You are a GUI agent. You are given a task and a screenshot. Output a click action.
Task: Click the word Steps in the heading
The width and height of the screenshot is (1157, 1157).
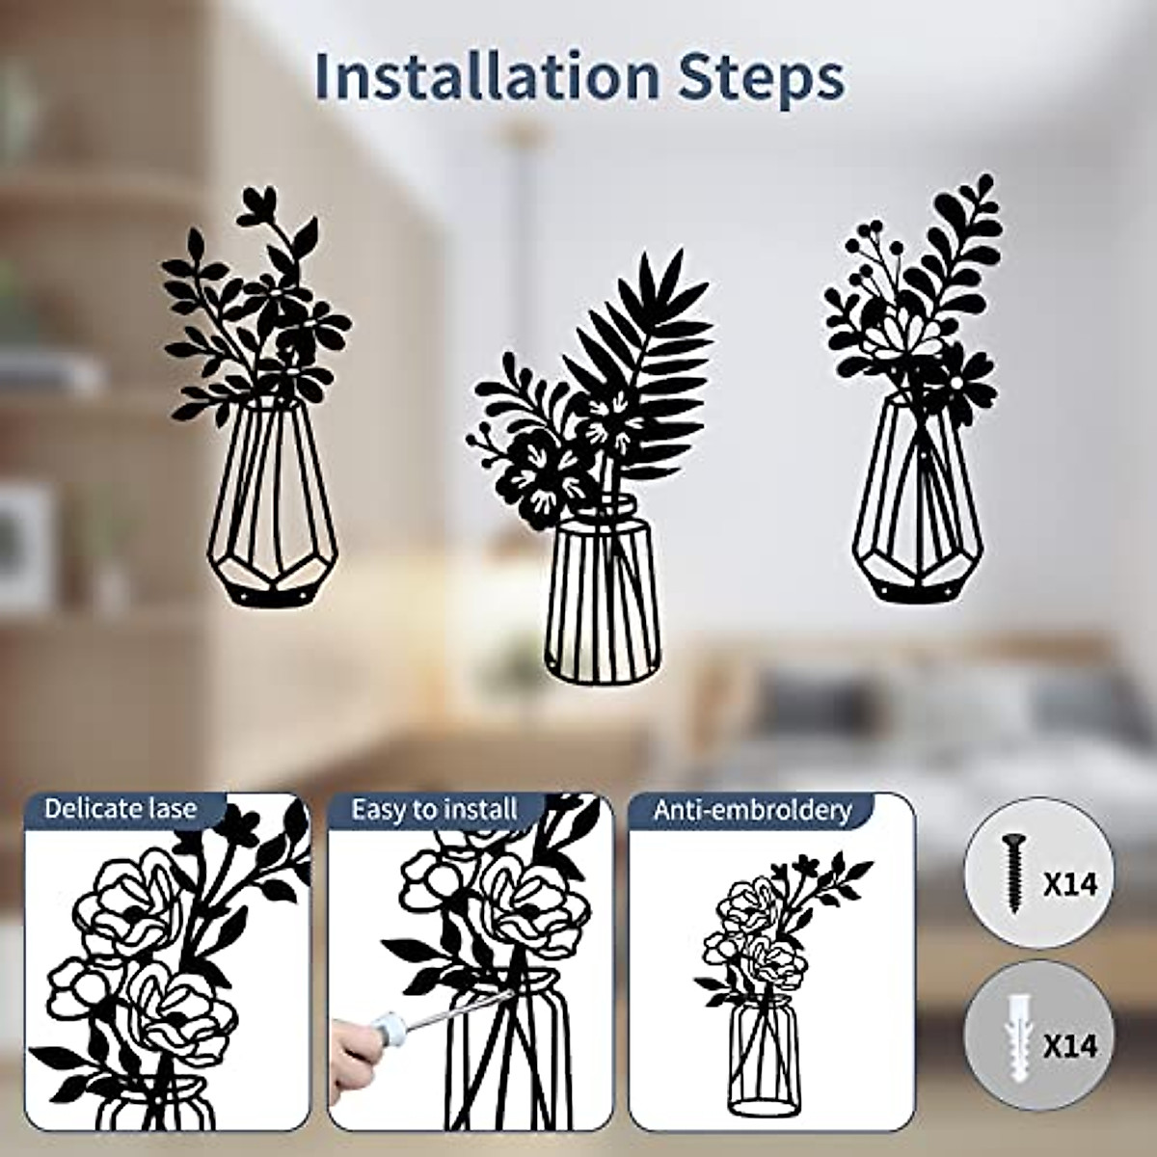pos(762,79)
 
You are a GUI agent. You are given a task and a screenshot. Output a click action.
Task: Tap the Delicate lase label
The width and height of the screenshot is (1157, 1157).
pos(121,808)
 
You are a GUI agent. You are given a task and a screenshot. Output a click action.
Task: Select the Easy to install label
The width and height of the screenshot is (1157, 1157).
pos(434,809)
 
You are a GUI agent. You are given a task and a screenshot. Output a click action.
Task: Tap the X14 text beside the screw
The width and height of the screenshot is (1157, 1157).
pos(1071,883)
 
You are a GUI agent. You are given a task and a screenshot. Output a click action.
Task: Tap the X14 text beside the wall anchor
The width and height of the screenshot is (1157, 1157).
pos(1071,1045)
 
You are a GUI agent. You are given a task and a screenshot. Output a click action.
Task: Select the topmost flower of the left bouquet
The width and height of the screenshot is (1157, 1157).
pos(258,205)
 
